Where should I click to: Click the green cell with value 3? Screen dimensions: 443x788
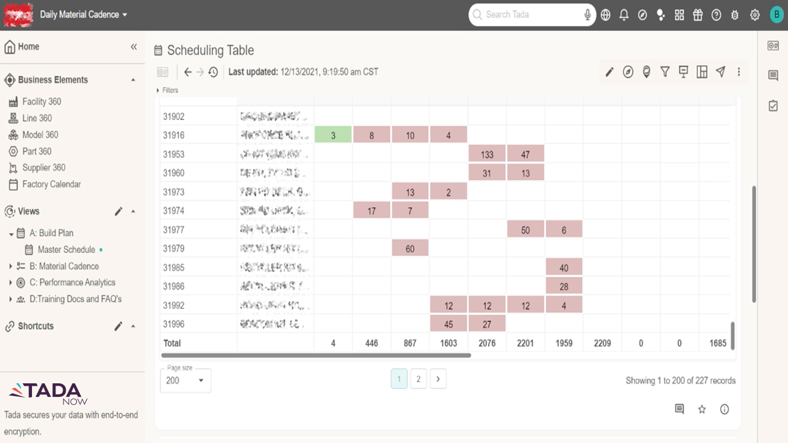point(333,135)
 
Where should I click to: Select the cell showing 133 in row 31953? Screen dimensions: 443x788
point(487,154)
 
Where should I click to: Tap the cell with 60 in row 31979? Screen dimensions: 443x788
point(410,249)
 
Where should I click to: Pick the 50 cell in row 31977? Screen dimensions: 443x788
point(525,229)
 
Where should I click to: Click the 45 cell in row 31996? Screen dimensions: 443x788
point(448,324)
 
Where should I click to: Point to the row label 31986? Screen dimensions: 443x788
point(174,286)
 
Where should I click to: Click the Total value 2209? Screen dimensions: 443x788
point(602,343)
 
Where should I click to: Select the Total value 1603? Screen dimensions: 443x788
point(448,343)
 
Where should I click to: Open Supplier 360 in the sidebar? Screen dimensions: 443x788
point(44,167)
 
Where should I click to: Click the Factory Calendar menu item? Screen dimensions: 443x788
point(51,184)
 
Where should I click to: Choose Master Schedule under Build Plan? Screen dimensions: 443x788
point(66,249)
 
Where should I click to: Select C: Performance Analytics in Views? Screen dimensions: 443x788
point(72,282)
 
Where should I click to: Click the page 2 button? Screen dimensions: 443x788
point(418,379)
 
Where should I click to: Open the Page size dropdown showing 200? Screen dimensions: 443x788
point(185,380)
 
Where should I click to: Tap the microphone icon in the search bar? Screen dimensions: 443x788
point(588,15)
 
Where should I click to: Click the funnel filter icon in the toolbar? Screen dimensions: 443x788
point(665,72)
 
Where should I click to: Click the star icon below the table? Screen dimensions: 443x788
point(702,409)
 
